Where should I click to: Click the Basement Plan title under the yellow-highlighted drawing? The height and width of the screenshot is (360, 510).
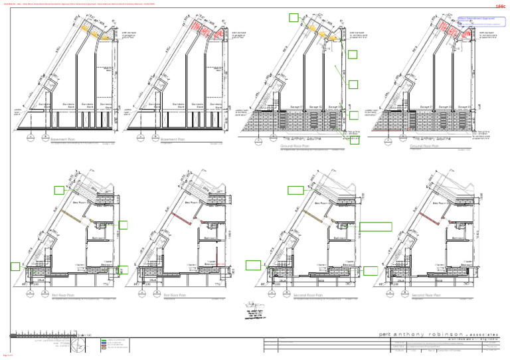click(x=64, y=139)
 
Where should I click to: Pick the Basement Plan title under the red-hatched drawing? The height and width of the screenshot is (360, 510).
click(x=175, y=139)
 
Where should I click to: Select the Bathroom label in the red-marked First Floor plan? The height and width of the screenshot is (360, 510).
click(x=212, y=237)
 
